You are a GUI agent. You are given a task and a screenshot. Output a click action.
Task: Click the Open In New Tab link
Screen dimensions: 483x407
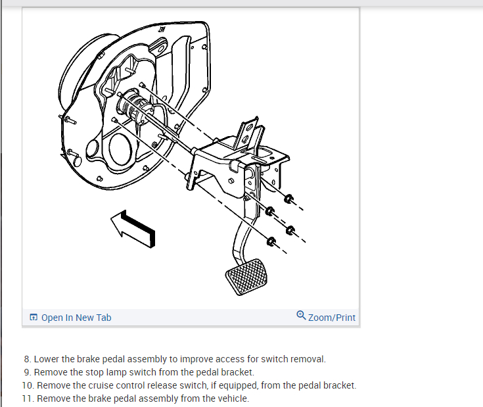pyautogui.click(x=76, y=318)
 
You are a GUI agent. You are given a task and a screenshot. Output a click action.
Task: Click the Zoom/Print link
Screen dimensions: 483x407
pyautogui.click(x=331, y=318)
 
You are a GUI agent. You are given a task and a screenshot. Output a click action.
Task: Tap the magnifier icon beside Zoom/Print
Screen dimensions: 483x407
pyautogui.click(x=301, y=315)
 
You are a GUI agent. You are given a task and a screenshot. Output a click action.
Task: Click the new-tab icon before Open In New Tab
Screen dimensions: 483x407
pyautogui.click(x=34, y=318)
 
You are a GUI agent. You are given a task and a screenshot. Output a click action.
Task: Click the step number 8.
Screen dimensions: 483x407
pyautogui.click(x=27, y=359)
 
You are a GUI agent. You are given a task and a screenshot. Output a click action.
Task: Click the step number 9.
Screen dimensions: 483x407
pyautogui.click(x=27, y=372)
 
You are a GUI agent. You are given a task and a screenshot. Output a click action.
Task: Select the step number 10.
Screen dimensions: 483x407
pyautogui.click(x=28, y=385)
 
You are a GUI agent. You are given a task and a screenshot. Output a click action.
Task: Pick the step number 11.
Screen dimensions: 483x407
pyautogui.click(x=28, y=398)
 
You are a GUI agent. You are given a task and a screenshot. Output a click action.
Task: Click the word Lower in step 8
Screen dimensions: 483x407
pyautogui.click(x=47, y=359)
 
